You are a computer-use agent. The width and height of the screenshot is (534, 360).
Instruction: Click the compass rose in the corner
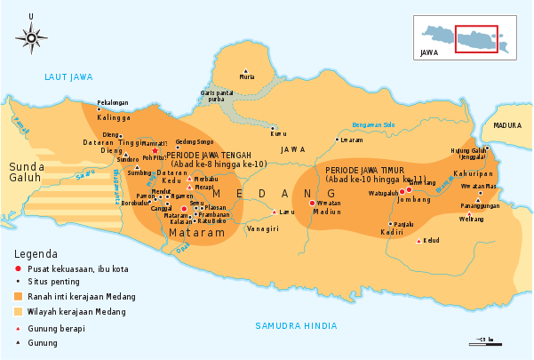click(31, 37)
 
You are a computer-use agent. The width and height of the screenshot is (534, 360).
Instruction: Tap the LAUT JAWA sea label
click(68, 77)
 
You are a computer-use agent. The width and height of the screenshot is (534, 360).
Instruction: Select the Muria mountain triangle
click(246, 69)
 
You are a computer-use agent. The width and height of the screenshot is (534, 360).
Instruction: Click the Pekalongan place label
click(113, 103)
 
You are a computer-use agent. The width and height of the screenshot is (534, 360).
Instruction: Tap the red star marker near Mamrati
click(155, 150)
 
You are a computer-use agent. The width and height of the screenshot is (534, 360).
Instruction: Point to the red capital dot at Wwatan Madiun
click(311, 203)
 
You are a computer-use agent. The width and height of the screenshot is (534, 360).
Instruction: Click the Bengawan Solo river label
click(372, 124)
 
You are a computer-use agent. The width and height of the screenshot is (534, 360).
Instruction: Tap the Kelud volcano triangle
click(418, 240)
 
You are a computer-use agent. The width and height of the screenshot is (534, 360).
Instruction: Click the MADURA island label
click(507, 126)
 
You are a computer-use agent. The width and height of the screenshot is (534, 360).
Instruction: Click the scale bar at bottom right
click(484, 340)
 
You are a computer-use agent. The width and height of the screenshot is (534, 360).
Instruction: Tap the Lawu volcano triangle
click(274, 212)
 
